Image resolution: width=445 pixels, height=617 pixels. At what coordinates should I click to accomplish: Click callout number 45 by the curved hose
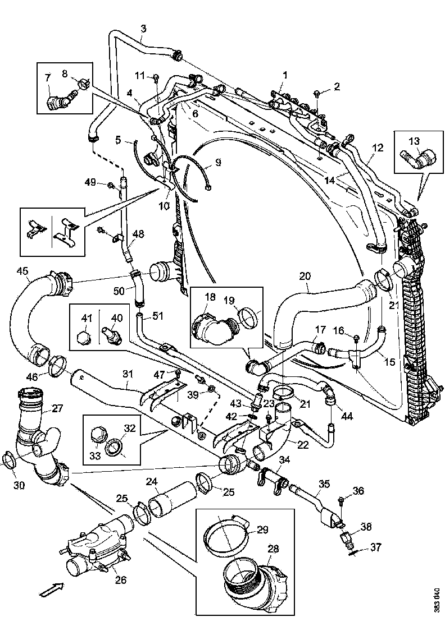tap(22, 271)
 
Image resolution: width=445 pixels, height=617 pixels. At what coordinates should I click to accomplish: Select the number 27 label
tap(57, 409)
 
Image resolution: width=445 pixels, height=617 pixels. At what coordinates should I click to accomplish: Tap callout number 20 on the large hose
tap(305, 277)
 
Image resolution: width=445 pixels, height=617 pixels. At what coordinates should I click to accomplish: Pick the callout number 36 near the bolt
tap(358, 491)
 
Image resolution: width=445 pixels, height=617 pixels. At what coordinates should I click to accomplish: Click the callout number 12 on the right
tap(378, 148)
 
